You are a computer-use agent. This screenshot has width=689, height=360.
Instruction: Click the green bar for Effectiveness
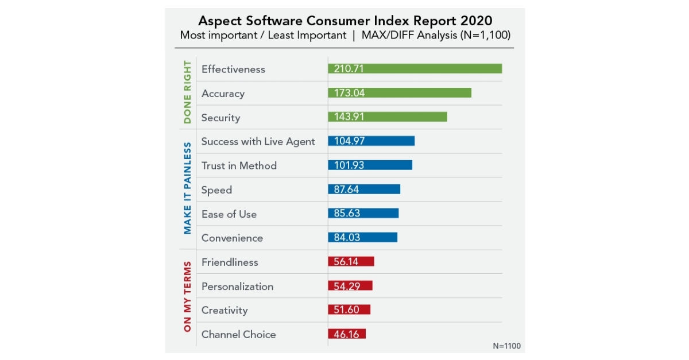[415, 69]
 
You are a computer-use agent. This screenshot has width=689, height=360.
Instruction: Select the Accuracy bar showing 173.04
[400, 93]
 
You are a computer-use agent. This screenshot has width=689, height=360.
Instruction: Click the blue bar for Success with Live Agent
[371, 141]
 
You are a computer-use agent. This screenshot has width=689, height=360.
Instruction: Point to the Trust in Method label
[239, 166]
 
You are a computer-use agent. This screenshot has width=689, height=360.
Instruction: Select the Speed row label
[216, 190]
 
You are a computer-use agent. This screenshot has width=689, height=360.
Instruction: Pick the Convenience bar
[362, 238]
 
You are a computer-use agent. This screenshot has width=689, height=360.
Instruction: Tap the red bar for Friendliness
[351, 262]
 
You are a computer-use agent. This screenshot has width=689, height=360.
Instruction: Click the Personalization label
[237, 287]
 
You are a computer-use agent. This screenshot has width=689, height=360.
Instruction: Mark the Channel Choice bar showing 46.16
[346, 334]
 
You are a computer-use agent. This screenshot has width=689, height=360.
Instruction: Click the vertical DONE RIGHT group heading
[188, 93]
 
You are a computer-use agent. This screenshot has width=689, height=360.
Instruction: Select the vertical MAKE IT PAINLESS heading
[188, 189]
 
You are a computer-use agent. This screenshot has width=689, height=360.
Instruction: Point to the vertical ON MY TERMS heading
[188, 297]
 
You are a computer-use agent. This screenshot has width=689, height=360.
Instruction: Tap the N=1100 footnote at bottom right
[506, 346]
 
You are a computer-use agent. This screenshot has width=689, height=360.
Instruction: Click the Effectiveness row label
[233, 69]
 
